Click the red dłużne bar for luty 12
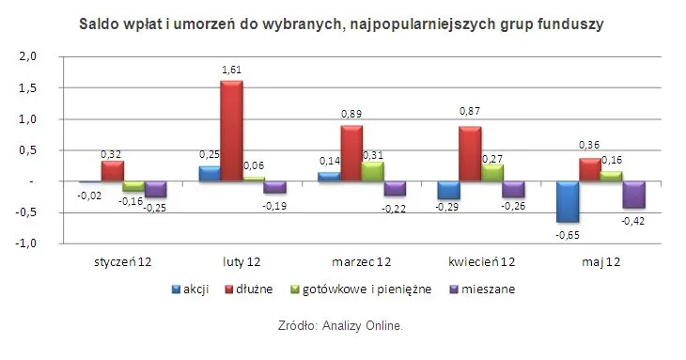coord(231,131)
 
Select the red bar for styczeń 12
coord(113,170)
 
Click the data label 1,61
coord(231,70)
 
